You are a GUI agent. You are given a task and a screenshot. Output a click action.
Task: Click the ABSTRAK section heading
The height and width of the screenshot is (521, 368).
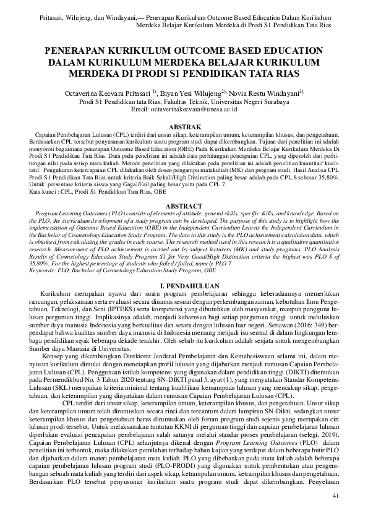184,125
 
